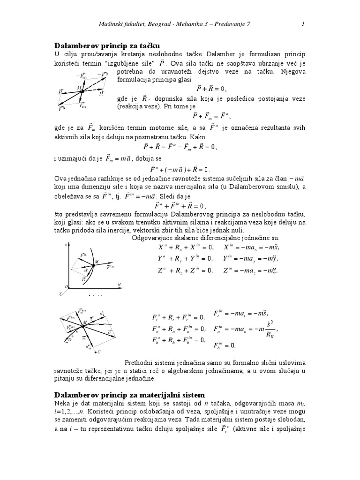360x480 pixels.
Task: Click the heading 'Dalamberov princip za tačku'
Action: click(107, 46)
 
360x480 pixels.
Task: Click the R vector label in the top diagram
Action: click(101, 93)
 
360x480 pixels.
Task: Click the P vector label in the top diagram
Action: click(60, 92)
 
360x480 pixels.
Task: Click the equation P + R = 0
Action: click(211, 89)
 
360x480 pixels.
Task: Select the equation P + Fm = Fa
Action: click(212, 116)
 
